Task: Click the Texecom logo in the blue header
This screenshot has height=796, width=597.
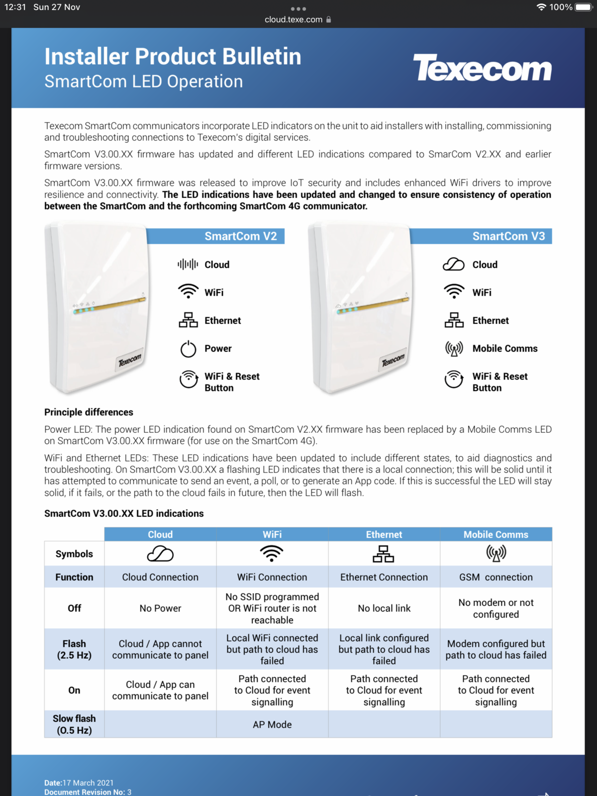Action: point(482,68)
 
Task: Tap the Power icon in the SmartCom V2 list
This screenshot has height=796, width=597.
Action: point(188,349)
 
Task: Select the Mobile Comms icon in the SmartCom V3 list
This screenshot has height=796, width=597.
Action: point(454,349)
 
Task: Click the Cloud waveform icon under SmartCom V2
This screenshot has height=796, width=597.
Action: point(188,264)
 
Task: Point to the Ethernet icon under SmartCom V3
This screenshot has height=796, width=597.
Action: point(454,320)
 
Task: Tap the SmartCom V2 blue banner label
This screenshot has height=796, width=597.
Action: point(240,236)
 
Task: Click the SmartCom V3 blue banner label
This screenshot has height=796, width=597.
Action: point(508,236)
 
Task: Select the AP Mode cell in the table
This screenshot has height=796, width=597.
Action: point(272,724)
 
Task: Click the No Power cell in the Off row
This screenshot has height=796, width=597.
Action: point(160,608)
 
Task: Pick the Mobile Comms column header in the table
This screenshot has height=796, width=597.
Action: point(496,534)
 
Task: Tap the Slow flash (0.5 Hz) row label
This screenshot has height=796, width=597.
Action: point(74,724)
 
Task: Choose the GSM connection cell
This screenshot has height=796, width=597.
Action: point(496,577)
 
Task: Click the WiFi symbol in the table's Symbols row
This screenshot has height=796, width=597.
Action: point(272,553)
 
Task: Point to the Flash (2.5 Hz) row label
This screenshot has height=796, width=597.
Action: point(74,649)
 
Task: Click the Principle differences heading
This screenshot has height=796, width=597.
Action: point(89,412)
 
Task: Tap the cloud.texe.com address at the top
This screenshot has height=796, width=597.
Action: point(294,19)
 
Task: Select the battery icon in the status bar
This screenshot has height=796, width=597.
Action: point(584,7)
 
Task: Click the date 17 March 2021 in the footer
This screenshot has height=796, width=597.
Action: point(88,783)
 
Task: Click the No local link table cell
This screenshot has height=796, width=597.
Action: point(384,608)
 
